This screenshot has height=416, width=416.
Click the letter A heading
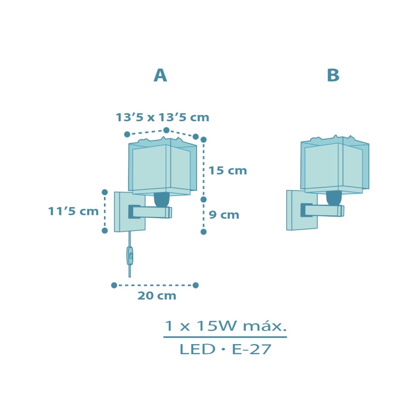pyautogui.click(x=160, y=76)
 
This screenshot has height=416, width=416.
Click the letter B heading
pyautogui.click(x=333, y=76)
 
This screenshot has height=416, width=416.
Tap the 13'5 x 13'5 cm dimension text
pyautogui.click(x=162, y=117)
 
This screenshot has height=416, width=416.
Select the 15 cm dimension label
pyautogui.click(x=228, y=171)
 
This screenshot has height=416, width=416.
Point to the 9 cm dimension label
pyautogui.click(x=224, y=215)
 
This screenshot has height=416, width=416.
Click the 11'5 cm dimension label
pyautogui.click(x=73, y=211)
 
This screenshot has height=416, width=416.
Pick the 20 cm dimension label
pyautogui.click(x=157, y=296)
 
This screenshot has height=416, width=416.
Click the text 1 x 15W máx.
pyautogui.click(x=225, y=326)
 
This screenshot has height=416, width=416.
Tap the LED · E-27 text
pyautogui.click(x=225, y=350)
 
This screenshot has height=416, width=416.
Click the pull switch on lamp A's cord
pyautogui.click(x=129, y=255)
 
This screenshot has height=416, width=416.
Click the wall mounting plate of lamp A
pyautogui.click(x=123, y=212)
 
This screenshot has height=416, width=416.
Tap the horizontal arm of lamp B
pyautogui.click(x=324, y=210)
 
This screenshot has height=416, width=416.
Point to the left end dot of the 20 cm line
pyautogui.click(x=114, y=285)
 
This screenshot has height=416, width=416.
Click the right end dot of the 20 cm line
pyautogui.click(x=196, y=285)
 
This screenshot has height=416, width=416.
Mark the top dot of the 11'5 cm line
pyautogui.click(x=104, y=192)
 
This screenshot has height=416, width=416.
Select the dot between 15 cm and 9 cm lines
pyautogui.click(x=203, y=199)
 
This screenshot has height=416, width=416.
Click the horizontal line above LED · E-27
pyautogui.click(x=225, y=337)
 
